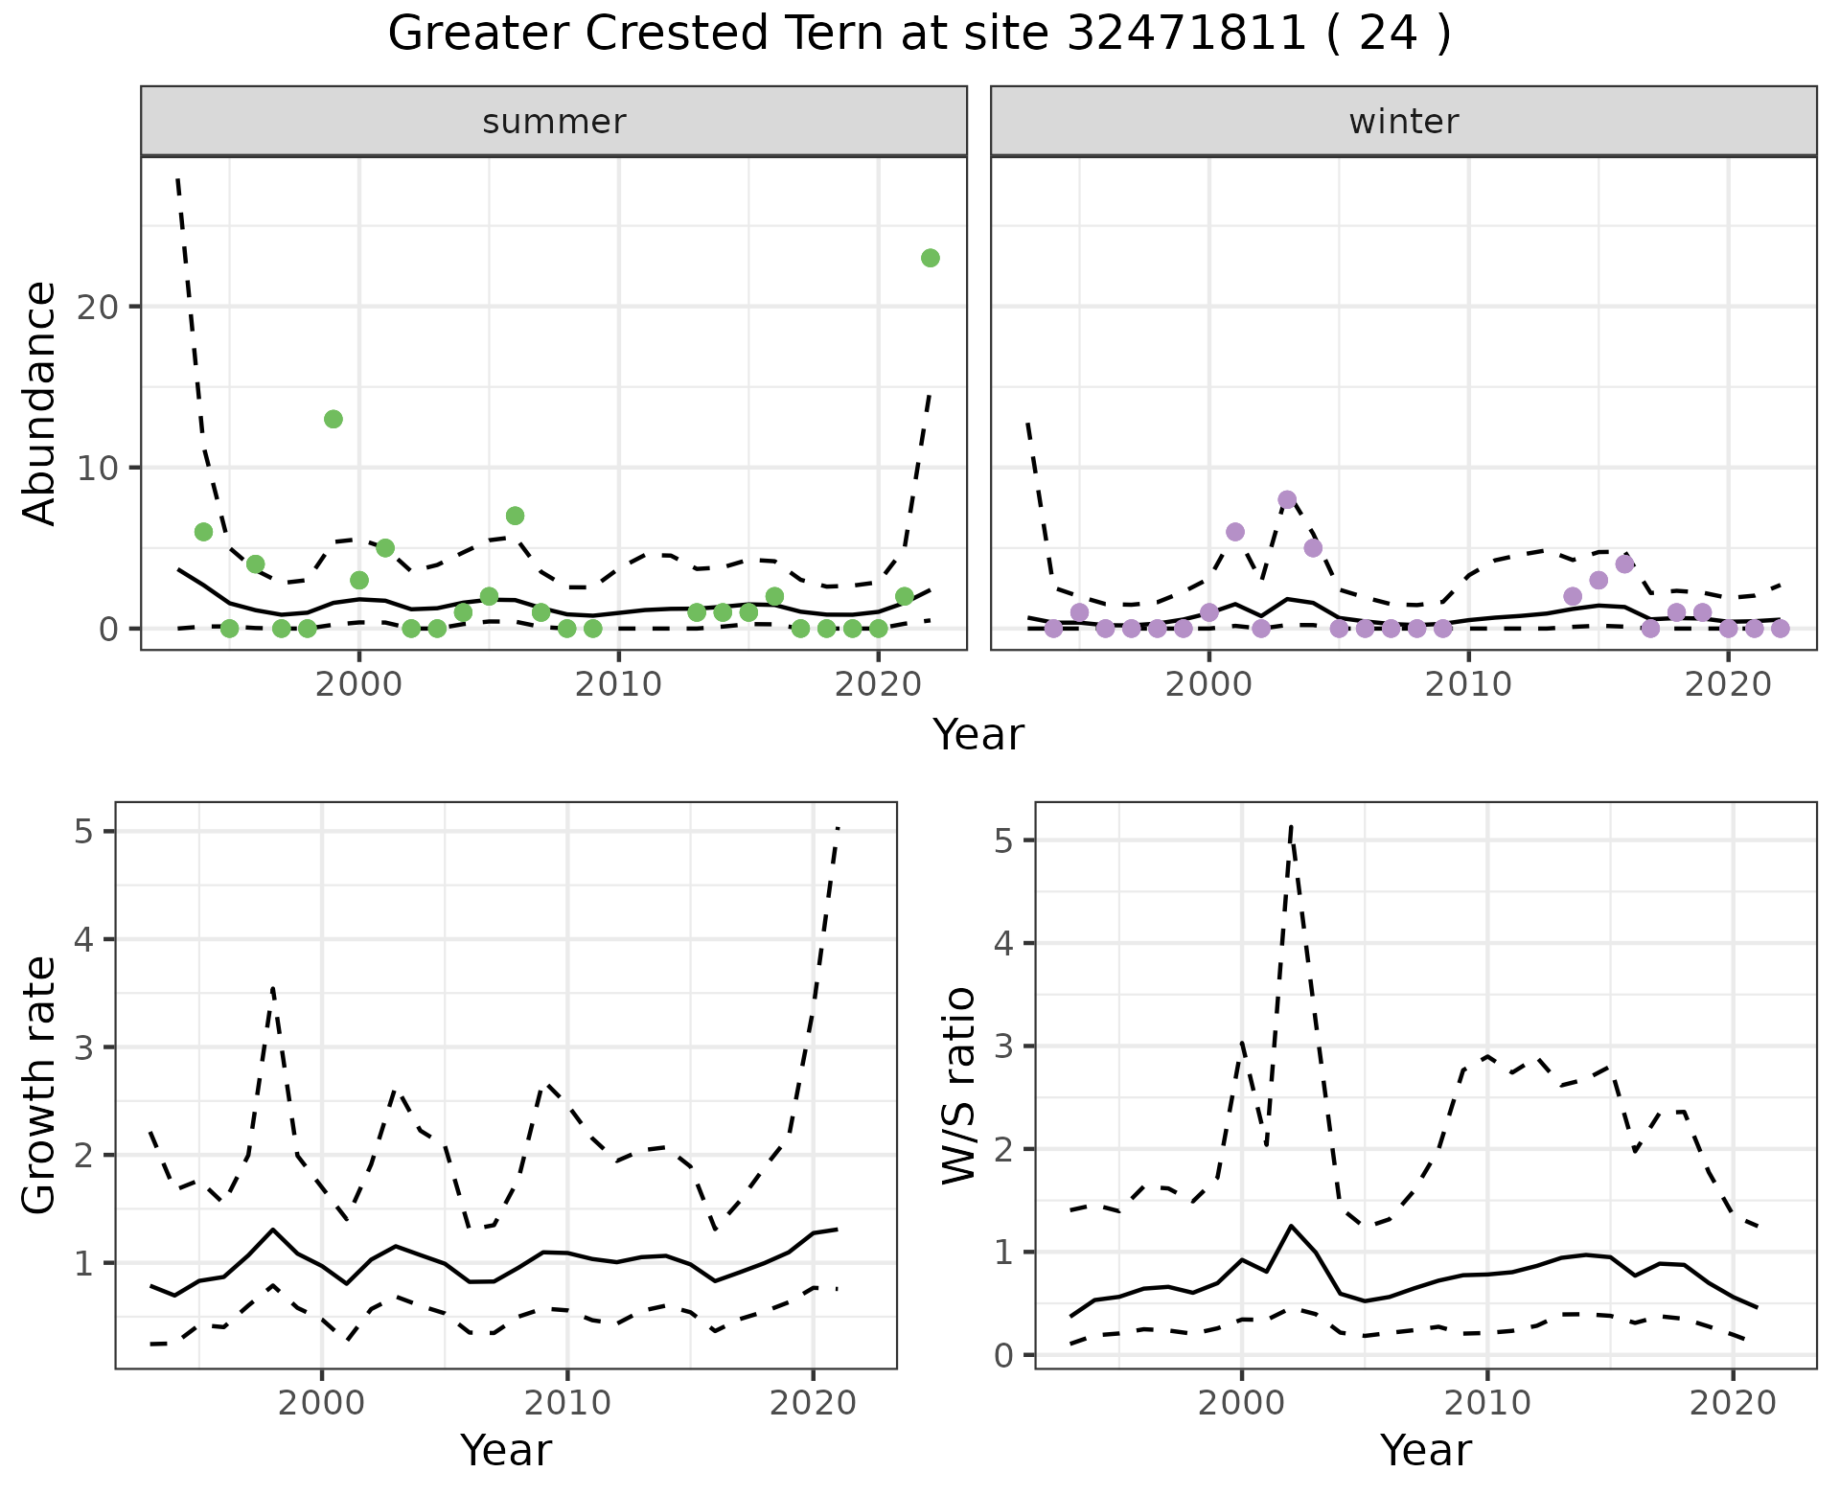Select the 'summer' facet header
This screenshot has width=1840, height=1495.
[554, 122]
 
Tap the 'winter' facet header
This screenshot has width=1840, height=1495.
[1403, 122]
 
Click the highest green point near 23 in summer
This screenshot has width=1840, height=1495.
[930, 258]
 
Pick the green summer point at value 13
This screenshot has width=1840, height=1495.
[333, 419]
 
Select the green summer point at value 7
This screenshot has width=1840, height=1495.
[515, 516]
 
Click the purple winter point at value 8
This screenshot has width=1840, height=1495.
[1287, 499]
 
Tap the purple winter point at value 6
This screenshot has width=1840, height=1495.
[1235, 532]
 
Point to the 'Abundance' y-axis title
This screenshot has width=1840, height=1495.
[40, 402]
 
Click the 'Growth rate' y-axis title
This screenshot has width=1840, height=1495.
[40, 1085]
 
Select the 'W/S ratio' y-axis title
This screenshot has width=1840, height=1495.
[958, 1085]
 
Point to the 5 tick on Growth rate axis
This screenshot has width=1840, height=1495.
[84, 831]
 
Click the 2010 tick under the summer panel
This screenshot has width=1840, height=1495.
[618, 684]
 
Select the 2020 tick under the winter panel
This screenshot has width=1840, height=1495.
[1728, 684]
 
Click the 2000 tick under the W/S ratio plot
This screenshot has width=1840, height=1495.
[1242, 1404]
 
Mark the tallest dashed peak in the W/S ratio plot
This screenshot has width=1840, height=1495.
[1291, 825]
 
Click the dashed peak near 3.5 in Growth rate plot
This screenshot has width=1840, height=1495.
[273, 987]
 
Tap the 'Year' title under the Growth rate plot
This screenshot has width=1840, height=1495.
[506, 1451]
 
